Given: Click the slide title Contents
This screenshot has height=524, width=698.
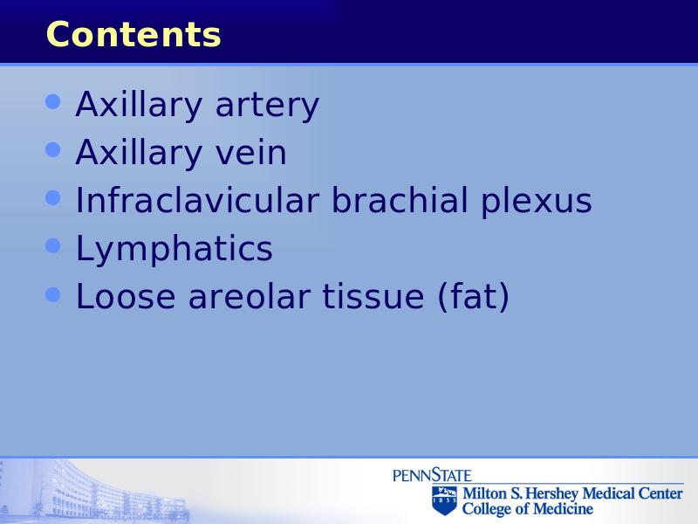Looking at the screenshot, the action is click(133, 34).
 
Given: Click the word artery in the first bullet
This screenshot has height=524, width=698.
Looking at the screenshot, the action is click(267, 106).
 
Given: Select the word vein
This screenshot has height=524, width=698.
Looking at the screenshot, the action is click(251, 152).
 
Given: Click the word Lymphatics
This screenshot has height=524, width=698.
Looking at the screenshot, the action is click(174, 250).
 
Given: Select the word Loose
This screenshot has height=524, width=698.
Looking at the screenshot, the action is click(126, 296).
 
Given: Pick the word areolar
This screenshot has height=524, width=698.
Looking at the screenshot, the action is click(249, 296).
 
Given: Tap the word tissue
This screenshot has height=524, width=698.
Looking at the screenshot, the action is click(373, 296).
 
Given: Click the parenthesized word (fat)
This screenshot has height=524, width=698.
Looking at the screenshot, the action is click(473, 296).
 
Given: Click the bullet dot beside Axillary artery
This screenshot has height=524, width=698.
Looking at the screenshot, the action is click(53, 101).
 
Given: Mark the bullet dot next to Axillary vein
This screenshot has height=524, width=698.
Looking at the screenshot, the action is click(53, 149).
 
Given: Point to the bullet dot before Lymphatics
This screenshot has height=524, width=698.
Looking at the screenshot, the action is click(53, 245).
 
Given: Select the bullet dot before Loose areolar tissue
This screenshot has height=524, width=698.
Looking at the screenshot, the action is click(53, 294).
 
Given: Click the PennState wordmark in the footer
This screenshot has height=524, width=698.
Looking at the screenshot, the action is click(432, 475).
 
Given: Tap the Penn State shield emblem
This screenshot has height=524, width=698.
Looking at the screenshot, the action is click(444, 500).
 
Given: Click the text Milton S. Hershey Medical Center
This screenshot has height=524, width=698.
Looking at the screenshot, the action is click(572, 493).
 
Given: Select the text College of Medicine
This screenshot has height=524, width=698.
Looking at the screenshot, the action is click(528, 509).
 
